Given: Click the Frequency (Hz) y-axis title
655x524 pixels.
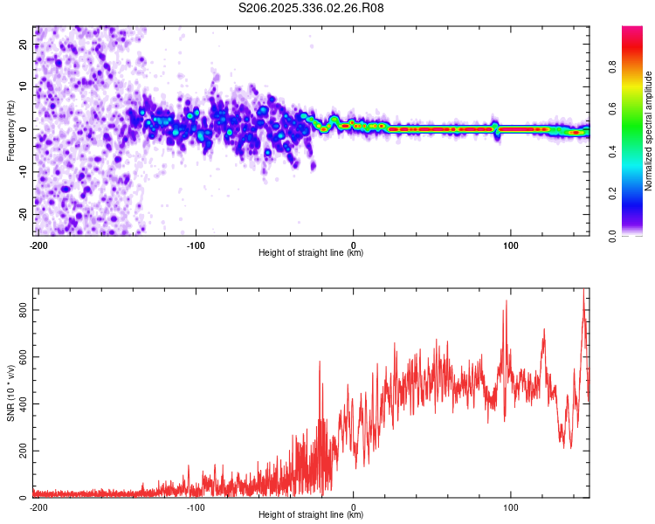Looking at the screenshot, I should [11, 130].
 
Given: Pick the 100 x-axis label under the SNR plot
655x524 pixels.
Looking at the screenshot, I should [510, 507].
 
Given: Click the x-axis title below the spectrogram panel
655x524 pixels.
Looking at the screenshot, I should [311, 253].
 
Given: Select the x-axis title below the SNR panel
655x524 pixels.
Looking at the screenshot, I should [311, 515].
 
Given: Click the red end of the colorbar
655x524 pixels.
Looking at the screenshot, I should [632, 31].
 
